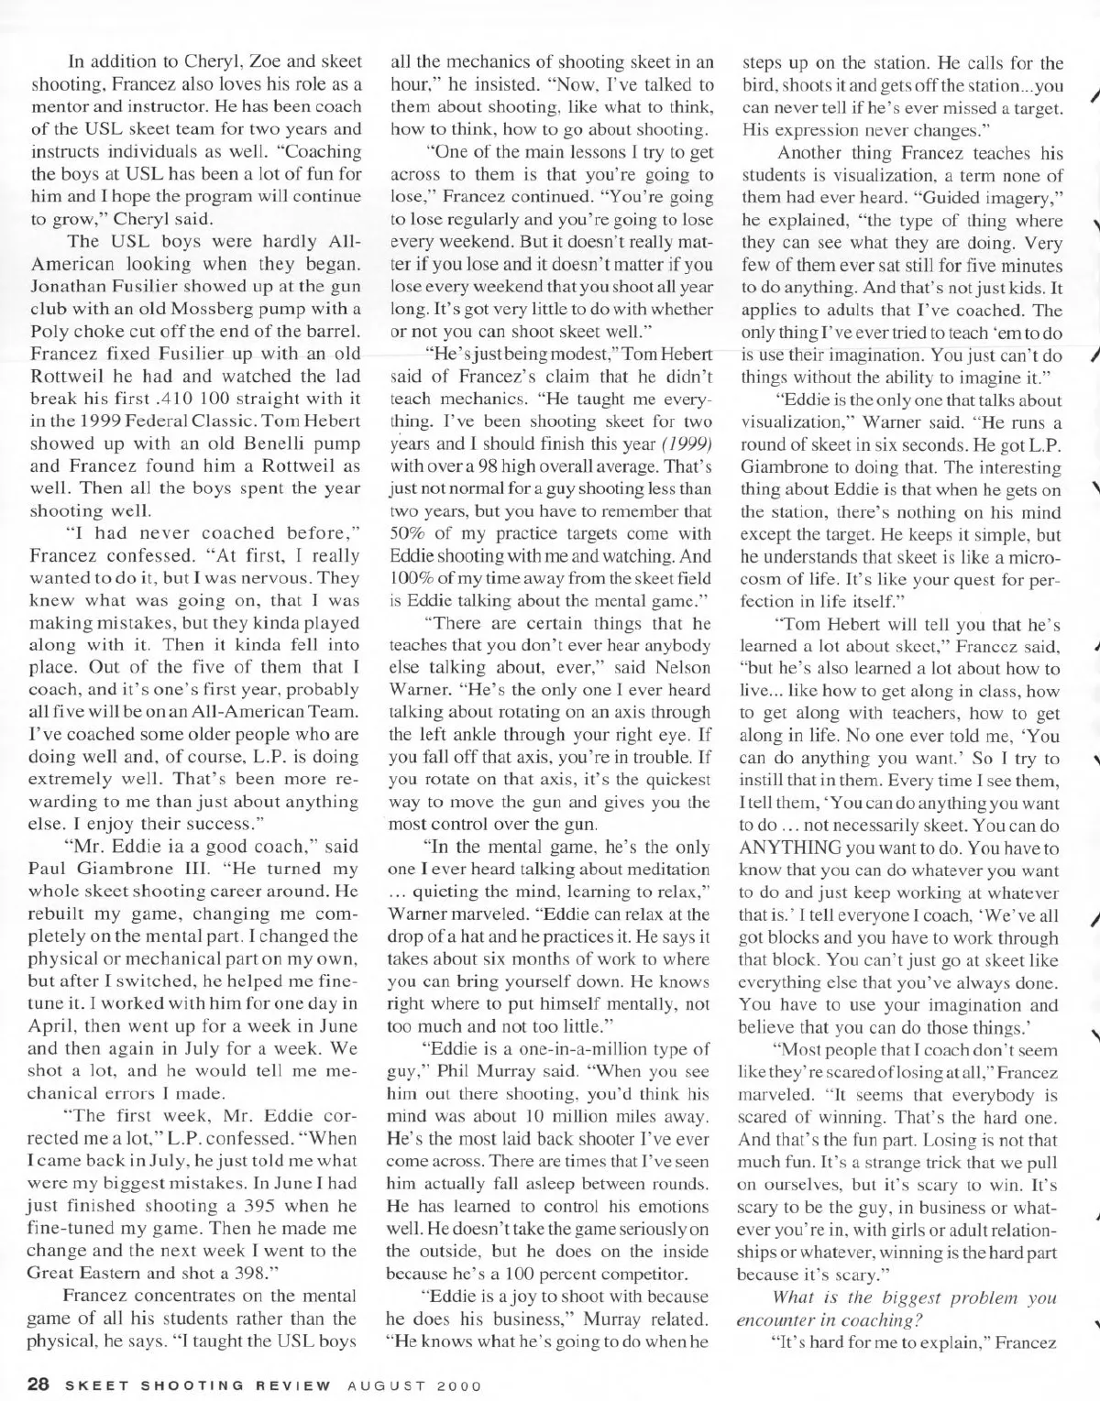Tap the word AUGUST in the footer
coord(382,1384)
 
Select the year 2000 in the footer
coord(450,1384)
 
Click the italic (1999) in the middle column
coord(684,443)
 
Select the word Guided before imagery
coord(921,199)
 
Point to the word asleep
coord(584,1183)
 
